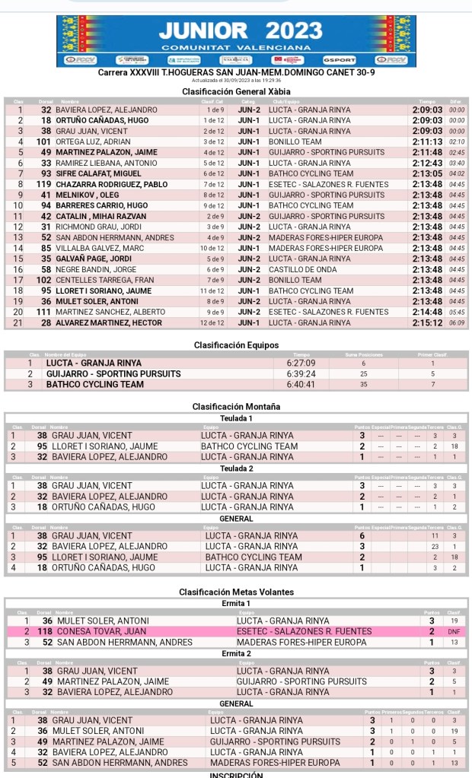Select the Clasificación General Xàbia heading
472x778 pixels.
pos(236,91)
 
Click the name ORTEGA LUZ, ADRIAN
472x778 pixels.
pos(94,141)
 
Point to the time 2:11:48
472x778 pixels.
pos(427,152)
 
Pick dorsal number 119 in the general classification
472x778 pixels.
pos(43,184)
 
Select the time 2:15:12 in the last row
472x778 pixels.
pos(427,322)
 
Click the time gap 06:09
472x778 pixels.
pos(457,322)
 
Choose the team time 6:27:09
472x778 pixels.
pos(301,363)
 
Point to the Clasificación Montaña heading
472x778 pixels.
pos(236,407)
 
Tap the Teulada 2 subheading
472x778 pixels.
pos(236,468)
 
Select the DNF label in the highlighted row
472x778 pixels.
pos(454,631)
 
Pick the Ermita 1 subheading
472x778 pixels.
pos(236,603)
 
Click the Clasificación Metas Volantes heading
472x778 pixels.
pos(236,592)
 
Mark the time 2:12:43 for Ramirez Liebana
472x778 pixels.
pos(427,163)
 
